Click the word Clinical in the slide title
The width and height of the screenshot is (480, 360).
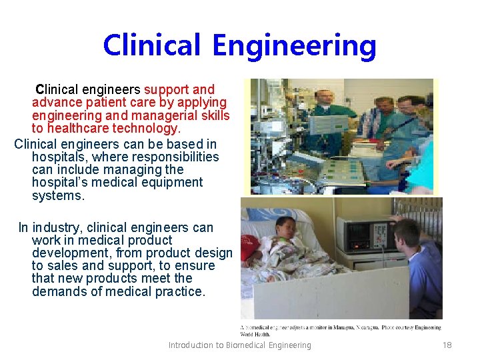pos(151,45)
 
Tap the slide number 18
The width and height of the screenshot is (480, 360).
pos(447,345)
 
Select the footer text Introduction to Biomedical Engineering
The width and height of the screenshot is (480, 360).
pos(239,345)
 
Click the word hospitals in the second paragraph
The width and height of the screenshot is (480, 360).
pos(59,157)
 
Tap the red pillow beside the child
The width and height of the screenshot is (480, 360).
pos(249,247)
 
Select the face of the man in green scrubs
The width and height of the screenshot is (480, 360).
pos(325,98)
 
